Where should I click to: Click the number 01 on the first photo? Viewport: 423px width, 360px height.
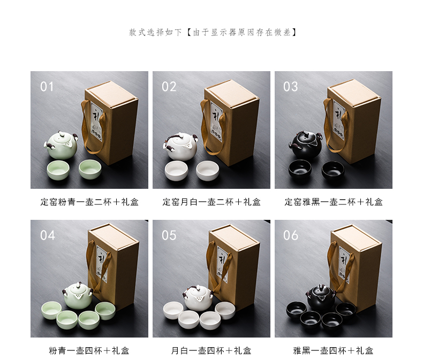[47, 87]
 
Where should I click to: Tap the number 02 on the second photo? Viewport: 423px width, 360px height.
[169, 87]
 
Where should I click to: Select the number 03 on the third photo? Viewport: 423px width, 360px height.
[291, 87]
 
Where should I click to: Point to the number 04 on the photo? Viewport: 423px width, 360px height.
[48, 235]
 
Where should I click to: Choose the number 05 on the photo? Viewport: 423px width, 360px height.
[169, 235]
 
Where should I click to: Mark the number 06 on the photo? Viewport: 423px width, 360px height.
[291, 235]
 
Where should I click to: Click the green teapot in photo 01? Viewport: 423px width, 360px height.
[61, 145]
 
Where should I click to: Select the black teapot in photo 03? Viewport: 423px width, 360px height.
[305, 145]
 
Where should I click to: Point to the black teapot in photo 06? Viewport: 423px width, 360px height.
[321, 297]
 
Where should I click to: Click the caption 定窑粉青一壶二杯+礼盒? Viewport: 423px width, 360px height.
[89, 202]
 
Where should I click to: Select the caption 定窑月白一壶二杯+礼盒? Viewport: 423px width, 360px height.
[211, 202]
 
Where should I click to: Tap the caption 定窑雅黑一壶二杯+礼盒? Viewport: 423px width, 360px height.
[334, 202]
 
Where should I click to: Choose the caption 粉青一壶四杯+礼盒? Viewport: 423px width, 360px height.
[89, 350]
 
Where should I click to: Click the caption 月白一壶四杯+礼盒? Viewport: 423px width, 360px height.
[211, 350]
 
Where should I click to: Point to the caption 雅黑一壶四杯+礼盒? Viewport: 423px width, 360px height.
[334, 350]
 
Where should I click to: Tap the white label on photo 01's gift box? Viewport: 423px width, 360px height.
[96, 120]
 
